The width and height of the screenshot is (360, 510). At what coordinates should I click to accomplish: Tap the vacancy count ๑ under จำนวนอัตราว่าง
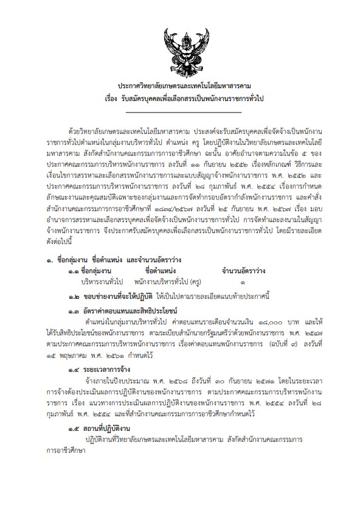tap(243, 283)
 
